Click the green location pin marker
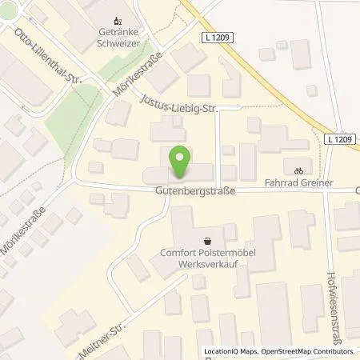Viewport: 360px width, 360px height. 182,163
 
